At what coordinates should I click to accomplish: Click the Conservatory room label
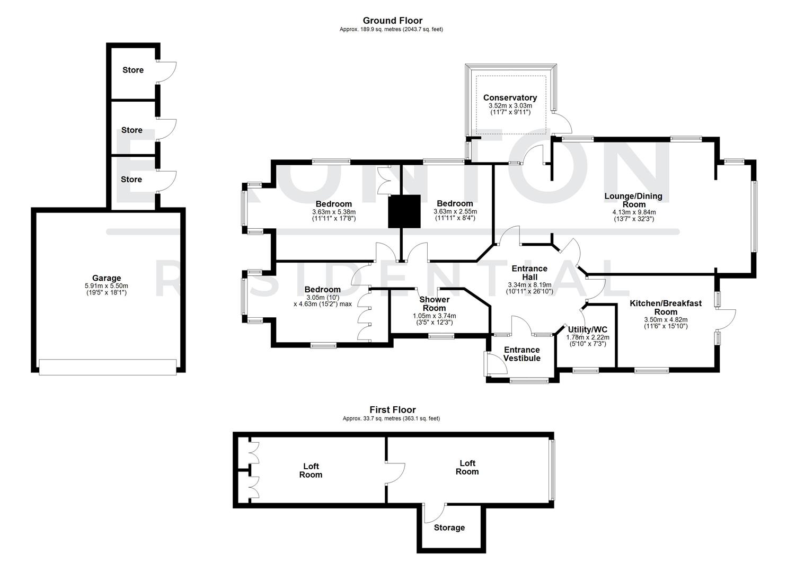[510, 98]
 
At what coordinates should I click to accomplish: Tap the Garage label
[107, 278]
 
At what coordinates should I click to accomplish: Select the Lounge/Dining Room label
[633, 200]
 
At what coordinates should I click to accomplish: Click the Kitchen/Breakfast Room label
[666, 307]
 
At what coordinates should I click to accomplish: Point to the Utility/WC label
[587, 329]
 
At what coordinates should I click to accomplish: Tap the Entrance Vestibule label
[521, 354]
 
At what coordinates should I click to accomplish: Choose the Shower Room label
[434, 303]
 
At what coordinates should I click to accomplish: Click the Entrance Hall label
[529, 273]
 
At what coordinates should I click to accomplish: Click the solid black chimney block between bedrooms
[404, 211]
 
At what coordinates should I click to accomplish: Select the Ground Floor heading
[392, 21]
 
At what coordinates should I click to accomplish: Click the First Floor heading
[392, 409]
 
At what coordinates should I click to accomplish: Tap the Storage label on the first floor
[449, 528]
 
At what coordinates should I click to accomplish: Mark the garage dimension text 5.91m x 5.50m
[107, 286]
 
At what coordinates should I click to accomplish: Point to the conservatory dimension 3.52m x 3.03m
[510, 106]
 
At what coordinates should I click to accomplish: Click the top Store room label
[132, 70]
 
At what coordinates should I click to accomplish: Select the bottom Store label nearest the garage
[131, 180]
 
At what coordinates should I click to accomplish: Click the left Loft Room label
[311, 470]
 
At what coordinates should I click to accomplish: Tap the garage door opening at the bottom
[108, 367]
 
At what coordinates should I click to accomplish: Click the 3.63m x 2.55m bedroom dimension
[455, 212]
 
